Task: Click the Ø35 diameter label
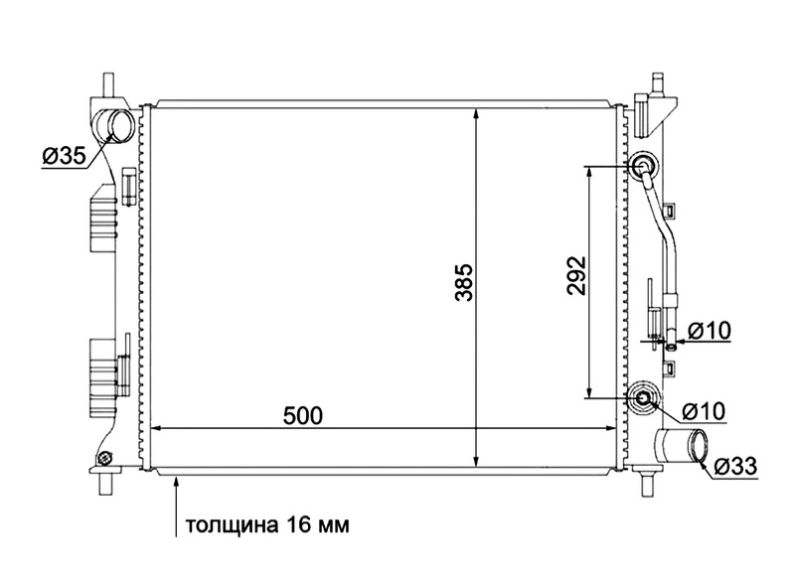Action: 64,156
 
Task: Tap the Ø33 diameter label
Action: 735,466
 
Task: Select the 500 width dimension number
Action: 303,416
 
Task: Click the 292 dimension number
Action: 576,276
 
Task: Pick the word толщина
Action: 232,524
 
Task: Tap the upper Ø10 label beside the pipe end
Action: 710,331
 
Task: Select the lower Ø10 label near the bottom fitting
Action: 704,411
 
